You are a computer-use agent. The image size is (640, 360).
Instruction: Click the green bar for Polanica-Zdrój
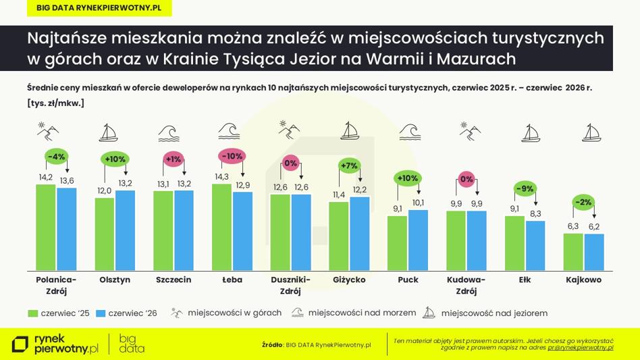point(46,228)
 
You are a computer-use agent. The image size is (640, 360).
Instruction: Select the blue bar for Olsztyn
point(126,230)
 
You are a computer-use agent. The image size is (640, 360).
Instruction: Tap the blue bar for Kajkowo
point(594,252)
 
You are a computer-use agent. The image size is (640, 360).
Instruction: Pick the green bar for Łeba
point(221,227)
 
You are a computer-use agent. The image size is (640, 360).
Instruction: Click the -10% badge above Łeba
point(233,156)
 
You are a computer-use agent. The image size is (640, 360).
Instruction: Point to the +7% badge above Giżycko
point(350,165)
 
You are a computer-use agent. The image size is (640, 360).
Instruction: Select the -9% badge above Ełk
point(525,188)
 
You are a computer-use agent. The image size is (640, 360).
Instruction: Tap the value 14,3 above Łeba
point(221,177)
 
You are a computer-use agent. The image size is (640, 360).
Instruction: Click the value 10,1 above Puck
point(418,203)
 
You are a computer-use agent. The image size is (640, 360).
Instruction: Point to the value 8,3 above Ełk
point(535,213)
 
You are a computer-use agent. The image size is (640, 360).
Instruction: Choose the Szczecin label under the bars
point(174,280)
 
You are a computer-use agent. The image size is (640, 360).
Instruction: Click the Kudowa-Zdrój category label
point(466,285)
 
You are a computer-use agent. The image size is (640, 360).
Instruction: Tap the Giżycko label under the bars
point(349,280)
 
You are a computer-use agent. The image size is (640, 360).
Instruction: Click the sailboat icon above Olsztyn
point(109,132)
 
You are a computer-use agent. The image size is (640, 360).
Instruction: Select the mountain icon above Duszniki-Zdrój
point(289,130)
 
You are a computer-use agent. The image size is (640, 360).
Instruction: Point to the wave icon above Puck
point(410,132)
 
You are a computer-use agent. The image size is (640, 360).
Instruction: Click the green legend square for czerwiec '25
point(32,313)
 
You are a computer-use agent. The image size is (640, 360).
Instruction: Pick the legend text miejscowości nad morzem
point(362,313)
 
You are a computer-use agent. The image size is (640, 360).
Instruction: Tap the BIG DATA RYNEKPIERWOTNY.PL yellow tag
point(99,8)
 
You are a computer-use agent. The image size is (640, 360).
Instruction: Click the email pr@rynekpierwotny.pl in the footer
point(581,348)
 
